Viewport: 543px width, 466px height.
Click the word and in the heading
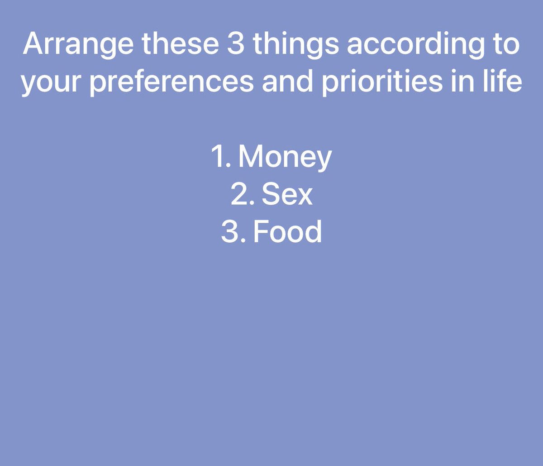pyautogui.click(x=291, y=82)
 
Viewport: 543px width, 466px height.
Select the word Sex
pyautogui.click(x=287, y=195)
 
